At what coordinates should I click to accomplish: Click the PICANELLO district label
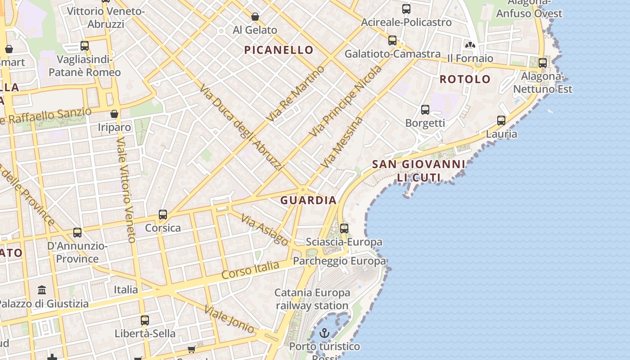[279, 50]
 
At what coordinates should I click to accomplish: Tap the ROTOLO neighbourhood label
[465, 79]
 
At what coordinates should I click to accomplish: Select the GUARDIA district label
[308, 200]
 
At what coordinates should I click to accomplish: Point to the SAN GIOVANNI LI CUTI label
[418, 171]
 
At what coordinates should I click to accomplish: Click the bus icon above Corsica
[163, 215]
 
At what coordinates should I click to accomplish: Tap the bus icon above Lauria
[501, 121]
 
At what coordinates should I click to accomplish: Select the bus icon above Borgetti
[425, 110]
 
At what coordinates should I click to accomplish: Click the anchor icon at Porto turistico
[324, 333]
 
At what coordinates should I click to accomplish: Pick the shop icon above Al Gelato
[255, 17]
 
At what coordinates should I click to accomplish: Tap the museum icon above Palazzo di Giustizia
[42, 290]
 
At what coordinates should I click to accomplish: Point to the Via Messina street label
[342, 143]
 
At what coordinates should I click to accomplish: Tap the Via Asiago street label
[265, 230]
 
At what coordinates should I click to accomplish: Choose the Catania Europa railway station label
[312, 299]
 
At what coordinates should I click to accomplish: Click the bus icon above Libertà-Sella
[144, 320]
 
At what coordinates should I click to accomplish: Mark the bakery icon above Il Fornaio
[470, 45]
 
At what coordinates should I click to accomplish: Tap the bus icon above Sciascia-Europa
[344, 229]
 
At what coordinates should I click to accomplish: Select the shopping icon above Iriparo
[114, 114]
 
